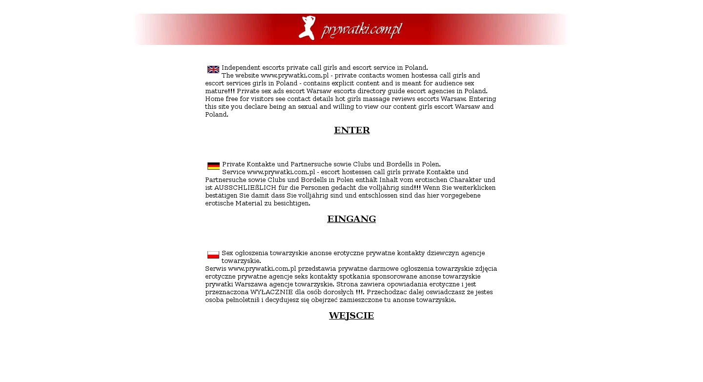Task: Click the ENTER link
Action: (351, 130)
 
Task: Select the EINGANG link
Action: (351, 219)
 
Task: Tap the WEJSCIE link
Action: (351, 316)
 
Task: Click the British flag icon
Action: (213, 69)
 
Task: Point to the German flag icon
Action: (213, 166)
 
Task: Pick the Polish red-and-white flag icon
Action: (213, 255)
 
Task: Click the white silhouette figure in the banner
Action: (308, 28)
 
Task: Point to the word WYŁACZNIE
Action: (275, 292)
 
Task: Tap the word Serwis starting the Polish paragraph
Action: (215, 269)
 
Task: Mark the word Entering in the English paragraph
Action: (482, 99)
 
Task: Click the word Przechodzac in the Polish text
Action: (386, 292)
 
